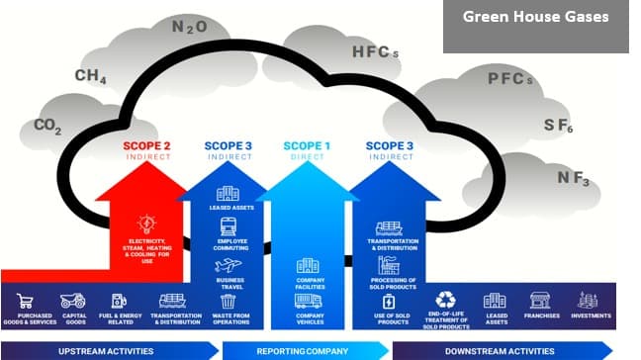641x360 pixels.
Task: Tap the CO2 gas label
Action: coord(47,126)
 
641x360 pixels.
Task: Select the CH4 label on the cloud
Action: coord(90,76)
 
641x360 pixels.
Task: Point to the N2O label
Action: coord(189,27)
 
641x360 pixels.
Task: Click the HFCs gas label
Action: coord(374,51)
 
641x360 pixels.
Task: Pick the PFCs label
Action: coord(509,79)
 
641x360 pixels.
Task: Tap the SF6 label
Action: coord(558,126)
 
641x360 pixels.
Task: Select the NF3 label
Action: coord(573,178)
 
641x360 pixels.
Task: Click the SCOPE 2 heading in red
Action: coord(146,146)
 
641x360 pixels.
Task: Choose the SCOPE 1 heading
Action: coord(307,146)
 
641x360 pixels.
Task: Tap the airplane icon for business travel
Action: coord(228,265)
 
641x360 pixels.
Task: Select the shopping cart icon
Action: coord(27,301)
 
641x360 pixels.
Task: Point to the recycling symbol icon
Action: coord(445,299)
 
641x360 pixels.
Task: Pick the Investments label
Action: coord(591,316)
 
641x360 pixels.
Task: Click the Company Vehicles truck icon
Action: coord(308,302)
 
